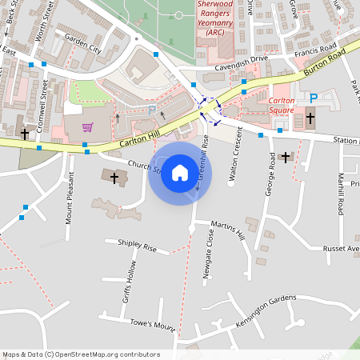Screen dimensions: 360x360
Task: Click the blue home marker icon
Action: tap(180, 173)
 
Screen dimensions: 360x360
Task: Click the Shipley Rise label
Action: tap(137, 247)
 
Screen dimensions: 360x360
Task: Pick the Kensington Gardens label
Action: tap(266, 310)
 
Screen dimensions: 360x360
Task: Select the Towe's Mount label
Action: tap(152, 326)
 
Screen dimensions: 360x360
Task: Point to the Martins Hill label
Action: tap(228, 230)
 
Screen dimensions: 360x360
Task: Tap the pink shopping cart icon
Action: tap(86, 127)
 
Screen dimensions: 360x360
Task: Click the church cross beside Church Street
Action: tap(114, 177)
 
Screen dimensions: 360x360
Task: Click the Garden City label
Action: tap(83, 48)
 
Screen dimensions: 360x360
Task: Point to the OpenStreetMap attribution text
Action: tap(81, 354)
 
